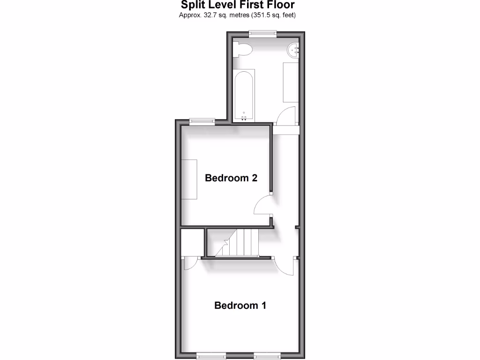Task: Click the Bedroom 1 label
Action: [240, 306]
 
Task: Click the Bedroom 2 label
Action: [231, 178]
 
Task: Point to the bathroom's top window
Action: [262, 33]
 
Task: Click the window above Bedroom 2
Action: [202, 121]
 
